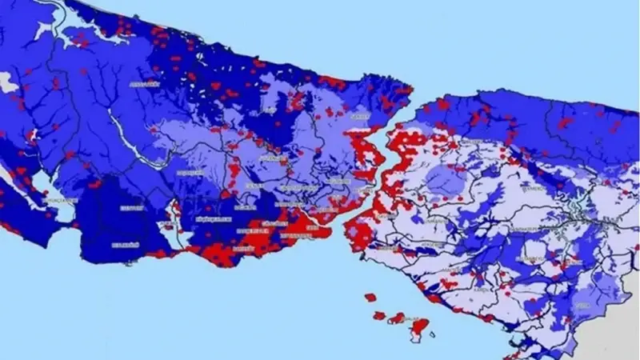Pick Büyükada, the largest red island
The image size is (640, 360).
pos(417,326)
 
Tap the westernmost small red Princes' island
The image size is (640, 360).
pos(370,297)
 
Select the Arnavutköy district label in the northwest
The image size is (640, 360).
pos(145,83)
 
